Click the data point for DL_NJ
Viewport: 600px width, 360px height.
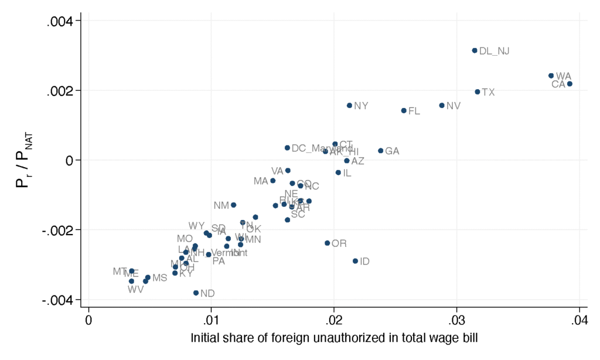(475, 50)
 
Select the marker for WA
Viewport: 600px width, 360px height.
(551, 76)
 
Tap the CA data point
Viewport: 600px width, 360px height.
(570, 84)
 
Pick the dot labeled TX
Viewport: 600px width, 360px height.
(478, 92)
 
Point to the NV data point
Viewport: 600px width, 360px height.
(442, 106)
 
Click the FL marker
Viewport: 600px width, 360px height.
(404, 110)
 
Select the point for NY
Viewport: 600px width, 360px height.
(349, 106)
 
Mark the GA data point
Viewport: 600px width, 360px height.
(380, 151)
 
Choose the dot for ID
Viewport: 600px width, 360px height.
(355, 261)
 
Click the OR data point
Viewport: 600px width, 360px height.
(328, 243)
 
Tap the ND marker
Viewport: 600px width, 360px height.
(196, 293)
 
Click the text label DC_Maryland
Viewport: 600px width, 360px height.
(314, 148)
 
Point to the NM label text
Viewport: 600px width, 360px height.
(221, 205)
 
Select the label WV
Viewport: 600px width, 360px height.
(135, 289)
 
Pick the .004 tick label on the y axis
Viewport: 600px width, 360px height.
(60, 21)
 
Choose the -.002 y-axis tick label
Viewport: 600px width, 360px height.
(58, 230)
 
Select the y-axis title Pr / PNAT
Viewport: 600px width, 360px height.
(22, 159)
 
